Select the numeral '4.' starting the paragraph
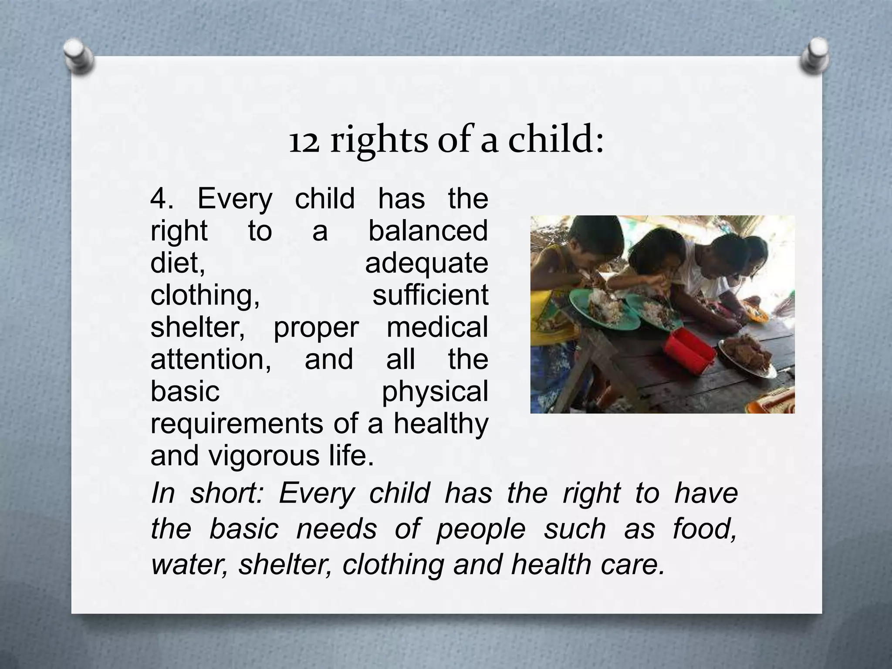162,199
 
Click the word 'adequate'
426,264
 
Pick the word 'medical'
437,328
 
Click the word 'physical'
435,392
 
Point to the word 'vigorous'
258,456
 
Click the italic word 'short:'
227,493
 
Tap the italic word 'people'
481,529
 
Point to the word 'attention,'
211,360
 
